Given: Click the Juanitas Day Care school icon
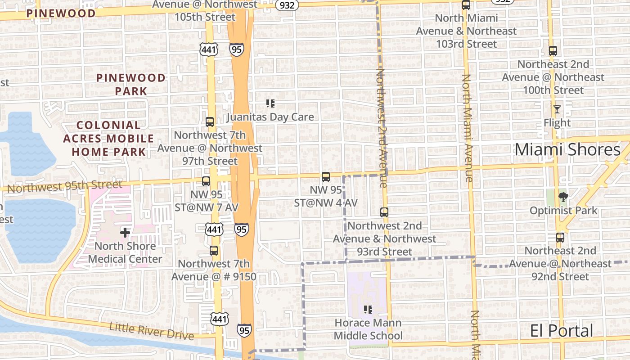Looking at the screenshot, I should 270,103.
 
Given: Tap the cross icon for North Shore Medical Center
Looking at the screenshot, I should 125,233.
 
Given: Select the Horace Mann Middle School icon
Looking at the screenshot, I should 368,310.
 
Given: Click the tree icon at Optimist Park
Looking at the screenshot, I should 562,197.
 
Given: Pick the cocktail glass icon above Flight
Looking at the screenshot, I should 557,109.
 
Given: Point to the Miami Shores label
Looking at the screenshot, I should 567,150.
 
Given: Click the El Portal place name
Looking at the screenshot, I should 561,331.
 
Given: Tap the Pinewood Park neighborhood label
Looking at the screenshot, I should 131,84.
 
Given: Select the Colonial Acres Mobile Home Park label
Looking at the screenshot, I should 108,139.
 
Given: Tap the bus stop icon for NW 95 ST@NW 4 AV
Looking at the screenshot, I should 326,177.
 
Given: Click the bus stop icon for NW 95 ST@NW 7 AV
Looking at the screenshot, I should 206,181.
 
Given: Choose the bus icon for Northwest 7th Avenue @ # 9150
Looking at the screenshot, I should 214,251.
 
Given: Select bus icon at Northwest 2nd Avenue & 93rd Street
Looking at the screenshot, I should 384,212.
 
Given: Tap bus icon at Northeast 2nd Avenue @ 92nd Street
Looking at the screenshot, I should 560,237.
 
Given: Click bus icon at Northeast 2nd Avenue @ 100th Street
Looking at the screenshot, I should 553,51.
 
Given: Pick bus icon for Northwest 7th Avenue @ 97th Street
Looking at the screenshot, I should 210,122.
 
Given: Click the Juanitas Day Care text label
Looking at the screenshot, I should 270,117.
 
